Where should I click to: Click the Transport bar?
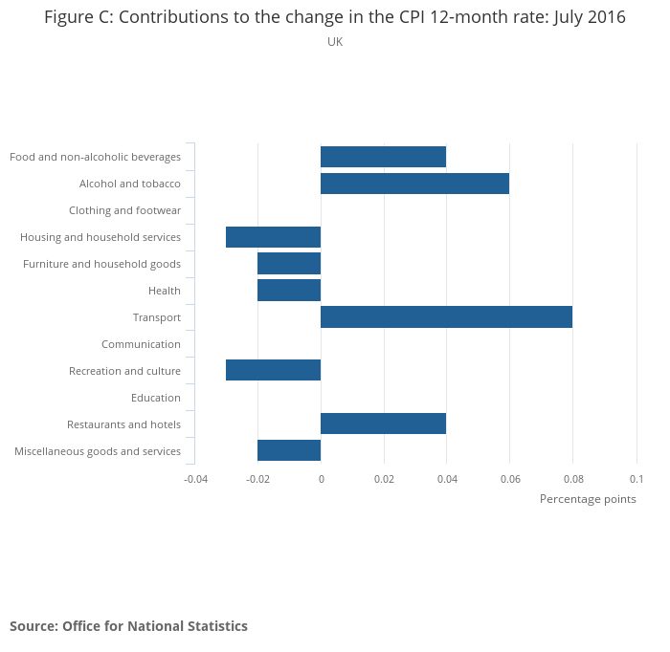tap(446, 317)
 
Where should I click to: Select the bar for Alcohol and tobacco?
tap(414, 184)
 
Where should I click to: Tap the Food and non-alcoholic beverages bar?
tap(383, 157)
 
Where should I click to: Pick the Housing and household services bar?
tap(273, 237)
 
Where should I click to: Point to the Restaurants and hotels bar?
tap(383, 424)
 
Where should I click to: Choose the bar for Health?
tap(289, 291)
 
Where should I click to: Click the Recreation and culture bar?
tap(273, 371)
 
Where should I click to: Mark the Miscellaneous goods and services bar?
tap(289, 450)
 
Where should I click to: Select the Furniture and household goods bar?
tap(289, 264)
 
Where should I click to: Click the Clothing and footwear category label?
tap(124, 210)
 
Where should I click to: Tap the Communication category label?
tap(141, 344)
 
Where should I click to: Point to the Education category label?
tap(155, 398)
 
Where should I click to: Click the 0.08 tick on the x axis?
tap(572, 478)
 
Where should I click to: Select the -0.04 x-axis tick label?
tap(195, 478)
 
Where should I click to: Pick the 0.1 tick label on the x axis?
tap(636, 478)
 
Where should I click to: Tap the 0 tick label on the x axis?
tap(321, 478)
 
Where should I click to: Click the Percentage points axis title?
tap(588, 499)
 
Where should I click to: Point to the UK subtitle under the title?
tap(335, 42)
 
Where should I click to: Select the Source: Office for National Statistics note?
tap(128, 626)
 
